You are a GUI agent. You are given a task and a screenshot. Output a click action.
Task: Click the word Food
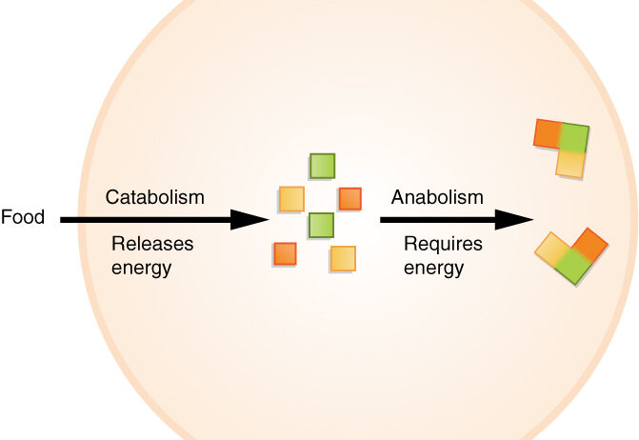click(x=23, y=217)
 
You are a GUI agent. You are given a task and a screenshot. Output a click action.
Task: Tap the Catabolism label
click(x=155, y=197)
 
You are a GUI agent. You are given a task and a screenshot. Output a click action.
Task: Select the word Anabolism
click(x=437, y=197)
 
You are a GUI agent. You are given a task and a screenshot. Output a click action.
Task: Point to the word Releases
click(x=152, y=244)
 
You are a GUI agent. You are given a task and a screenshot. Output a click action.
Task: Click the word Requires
click(x=443, y=244)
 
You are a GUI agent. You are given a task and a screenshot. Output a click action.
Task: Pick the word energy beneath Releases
click(x=141, y=268)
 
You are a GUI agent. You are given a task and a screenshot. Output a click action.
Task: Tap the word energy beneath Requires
click(x=433, y=268)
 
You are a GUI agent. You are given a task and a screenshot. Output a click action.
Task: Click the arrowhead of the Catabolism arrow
click(x=251, y=220)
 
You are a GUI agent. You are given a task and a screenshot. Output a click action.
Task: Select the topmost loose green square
click(x=323, y=166)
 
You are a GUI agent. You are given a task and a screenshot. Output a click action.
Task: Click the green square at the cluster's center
click(x=322, y=226)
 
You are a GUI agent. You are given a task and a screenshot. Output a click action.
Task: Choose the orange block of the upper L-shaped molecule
click(x=549, y=133)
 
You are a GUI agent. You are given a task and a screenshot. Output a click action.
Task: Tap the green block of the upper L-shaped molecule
click(x=574, y=138)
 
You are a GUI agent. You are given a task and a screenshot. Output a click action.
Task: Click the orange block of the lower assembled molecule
click(x=591, y=245)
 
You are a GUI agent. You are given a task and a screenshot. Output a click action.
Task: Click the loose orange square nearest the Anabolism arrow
click(x=350, y=198)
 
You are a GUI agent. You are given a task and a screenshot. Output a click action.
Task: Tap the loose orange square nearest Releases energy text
click(x=285, y=253)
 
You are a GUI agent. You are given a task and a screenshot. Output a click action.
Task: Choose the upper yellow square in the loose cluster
click(x=291, y=199)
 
